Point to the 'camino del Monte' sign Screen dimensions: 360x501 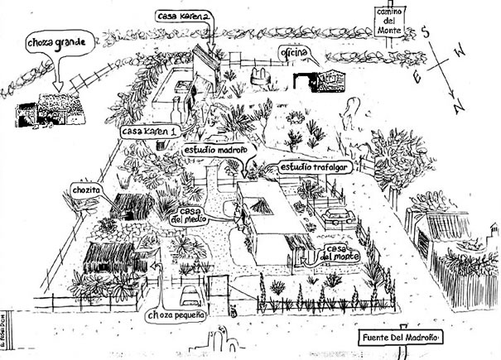(x=387, y=22)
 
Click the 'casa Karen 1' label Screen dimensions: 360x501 (x=149, y=133)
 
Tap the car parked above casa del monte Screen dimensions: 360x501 (x=338, y=217)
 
